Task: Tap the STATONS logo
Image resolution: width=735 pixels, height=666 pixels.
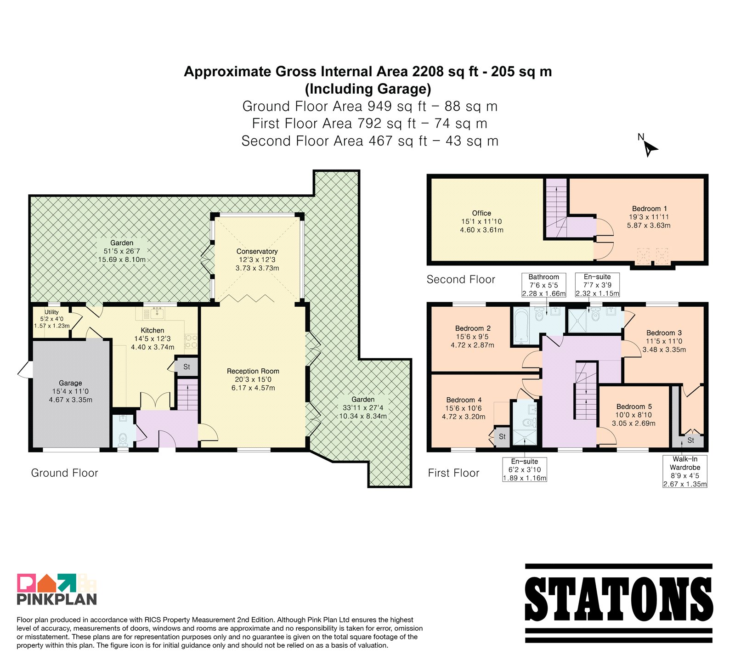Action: pyautogui.click(x=619, y=603)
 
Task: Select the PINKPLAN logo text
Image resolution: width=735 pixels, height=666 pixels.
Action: pyautogui.click(x=57, y=599)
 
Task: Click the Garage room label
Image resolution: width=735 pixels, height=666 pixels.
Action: pyautogui.click(x=70, y=383)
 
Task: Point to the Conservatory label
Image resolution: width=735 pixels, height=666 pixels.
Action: pyautogui.click(x=257, y=251)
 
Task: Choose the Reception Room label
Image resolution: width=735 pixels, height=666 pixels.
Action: pyautogui.click(x=253, y=371)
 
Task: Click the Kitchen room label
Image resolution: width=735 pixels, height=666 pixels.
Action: pyautogui.click(x=153, y=330)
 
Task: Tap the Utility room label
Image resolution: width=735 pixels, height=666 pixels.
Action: pyautogui.click(x=51, y=312)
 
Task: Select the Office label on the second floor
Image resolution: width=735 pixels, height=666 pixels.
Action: pyautogui.click(x=481, y=213)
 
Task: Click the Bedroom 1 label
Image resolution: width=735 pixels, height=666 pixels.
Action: pyautogui.click(x=650, y=209)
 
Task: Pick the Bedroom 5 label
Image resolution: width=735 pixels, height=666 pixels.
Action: pyautogui.click(x=634, y=406)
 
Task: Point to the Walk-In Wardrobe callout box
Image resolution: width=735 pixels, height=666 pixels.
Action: pyautogui.click(x=685, y=471)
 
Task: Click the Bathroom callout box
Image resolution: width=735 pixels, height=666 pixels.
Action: pyautogui.click(x=544, y=285)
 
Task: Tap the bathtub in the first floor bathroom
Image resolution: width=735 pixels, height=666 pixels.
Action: pyautogui.click(x=521, y=326)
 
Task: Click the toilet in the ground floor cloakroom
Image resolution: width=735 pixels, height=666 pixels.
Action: pyautogui.click(x=123, y=440)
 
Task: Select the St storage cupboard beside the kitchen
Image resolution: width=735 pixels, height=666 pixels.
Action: pyautogui.click(x=187, y=367)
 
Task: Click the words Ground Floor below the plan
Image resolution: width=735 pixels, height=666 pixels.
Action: pyautogui.click(x=64, y=473)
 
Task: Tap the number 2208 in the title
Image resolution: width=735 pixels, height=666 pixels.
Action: pyautogui.click(x=428, y=72)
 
